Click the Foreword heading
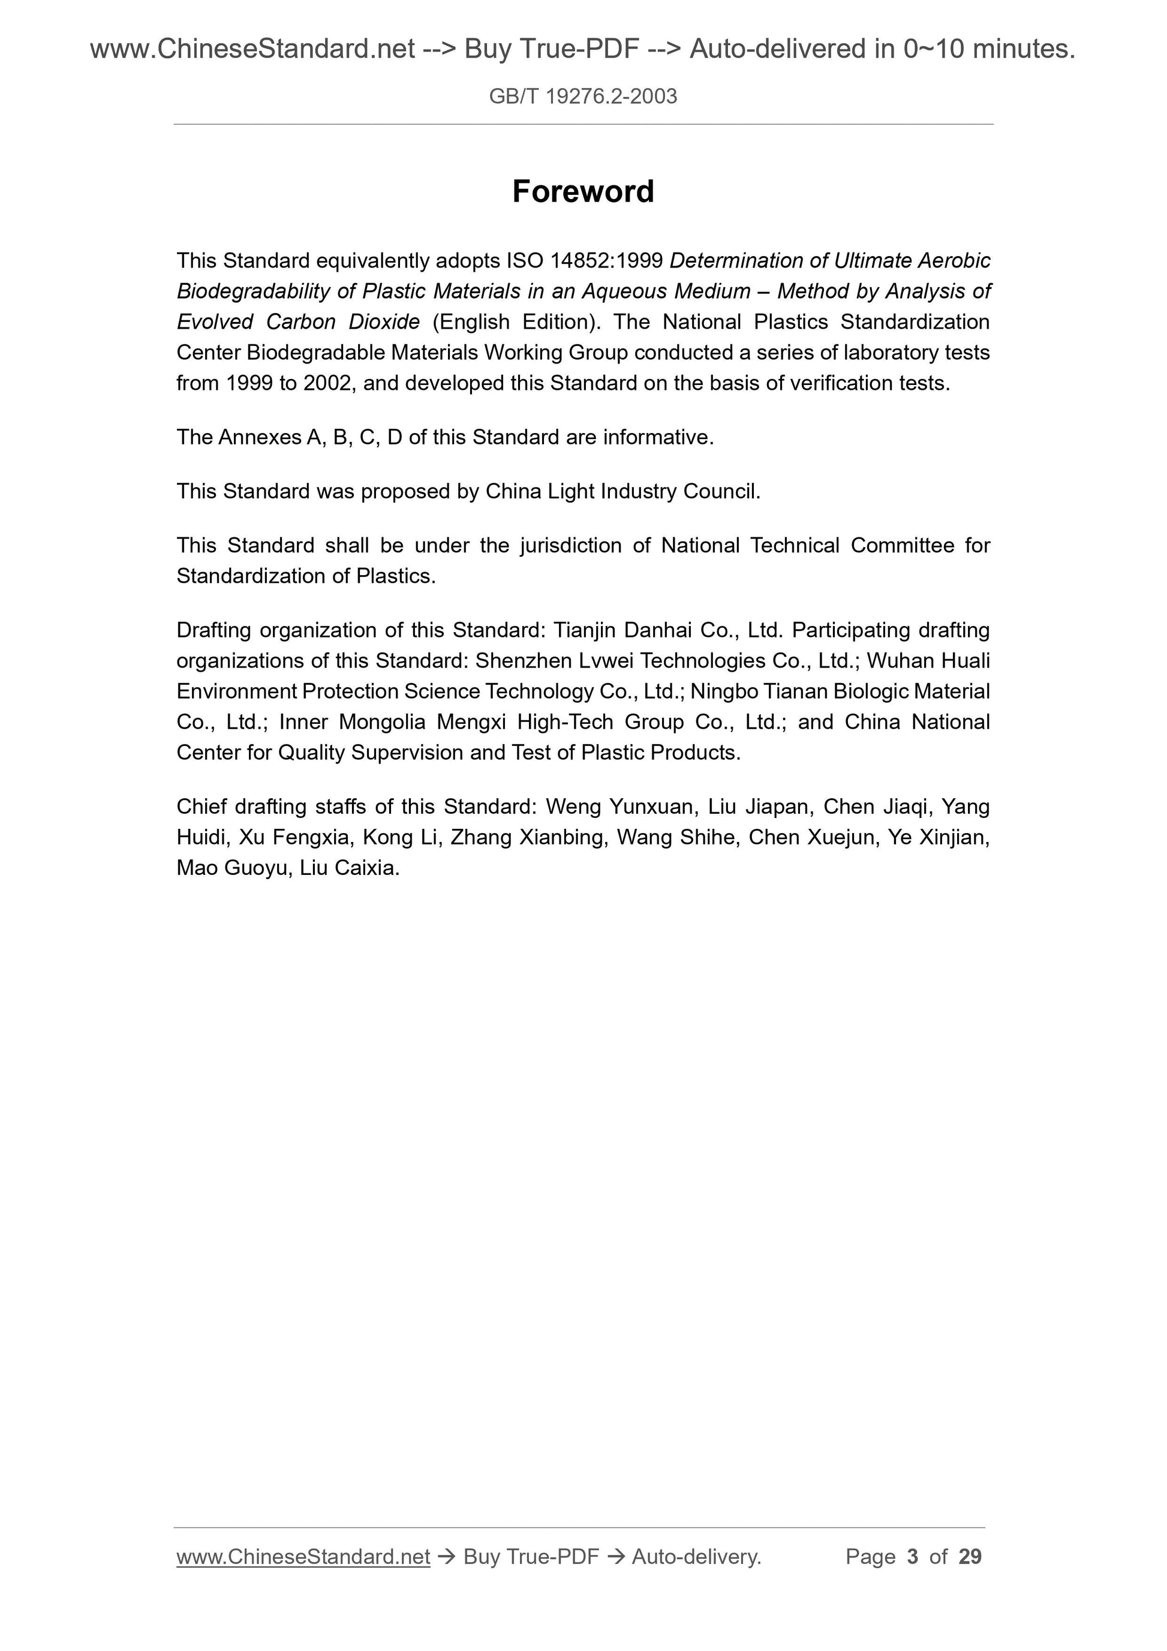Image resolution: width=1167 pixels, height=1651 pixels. click(x=583, y=191)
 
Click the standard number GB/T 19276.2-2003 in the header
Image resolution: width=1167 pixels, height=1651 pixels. click(x=583, y=97)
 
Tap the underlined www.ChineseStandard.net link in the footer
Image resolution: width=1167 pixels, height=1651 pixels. click(x=303, y=1557)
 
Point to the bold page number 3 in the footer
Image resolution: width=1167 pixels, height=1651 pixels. click(x=913, y=1557)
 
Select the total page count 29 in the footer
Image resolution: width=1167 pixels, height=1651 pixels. click(x=970, y=1557)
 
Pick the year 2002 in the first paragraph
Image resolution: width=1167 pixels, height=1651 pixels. click(x=327, y=383)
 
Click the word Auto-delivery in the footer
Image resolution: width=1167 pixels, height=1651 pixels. click(x=696, y=1557)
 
